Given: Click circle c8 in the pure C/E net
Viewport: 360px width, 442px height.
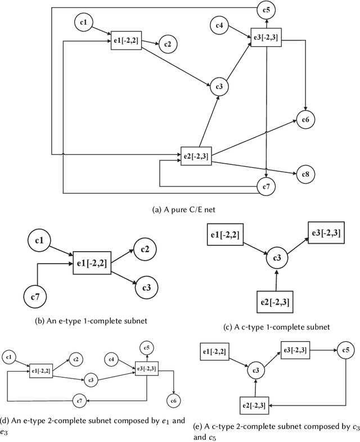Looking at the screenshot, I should coord(305,175).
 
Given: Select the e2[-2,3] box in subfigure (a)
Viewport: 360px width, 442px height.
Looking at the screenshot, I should coord(196,155).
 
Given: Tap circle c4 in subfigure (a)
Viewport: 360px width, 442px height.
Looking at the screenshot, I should coord(220,25).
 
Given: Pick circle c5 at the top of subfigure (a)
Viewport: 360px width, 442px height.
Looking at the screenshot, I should coord(266,10).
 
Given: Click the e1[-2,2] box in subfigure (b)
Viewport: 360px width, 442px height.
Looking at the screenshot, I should coord(92,264).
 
